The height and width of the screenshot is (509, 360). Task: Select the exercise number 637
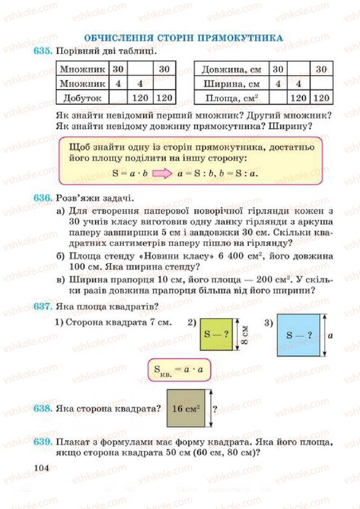pyautogui.click(x=43, y=307)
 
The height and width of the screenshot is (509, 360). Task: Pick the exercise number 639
pyautogui.click(x=43, y=443)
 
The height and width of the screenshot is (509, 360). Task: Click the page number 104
pyautogui.click(x=41, y=468)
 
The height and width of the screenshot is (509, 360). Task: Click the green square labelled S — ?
pyautogui.click(x=216, y=334)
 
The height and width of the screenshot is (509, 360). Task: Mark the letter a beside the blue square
pyautogui.click(x=330, y=335)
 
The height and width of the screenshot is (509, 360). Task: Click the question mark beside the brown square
pyautogui.click(x=215, y=409)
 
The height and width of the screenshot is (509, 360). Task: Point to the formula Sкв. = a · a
pyautogui.click(x=179, y=370)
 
